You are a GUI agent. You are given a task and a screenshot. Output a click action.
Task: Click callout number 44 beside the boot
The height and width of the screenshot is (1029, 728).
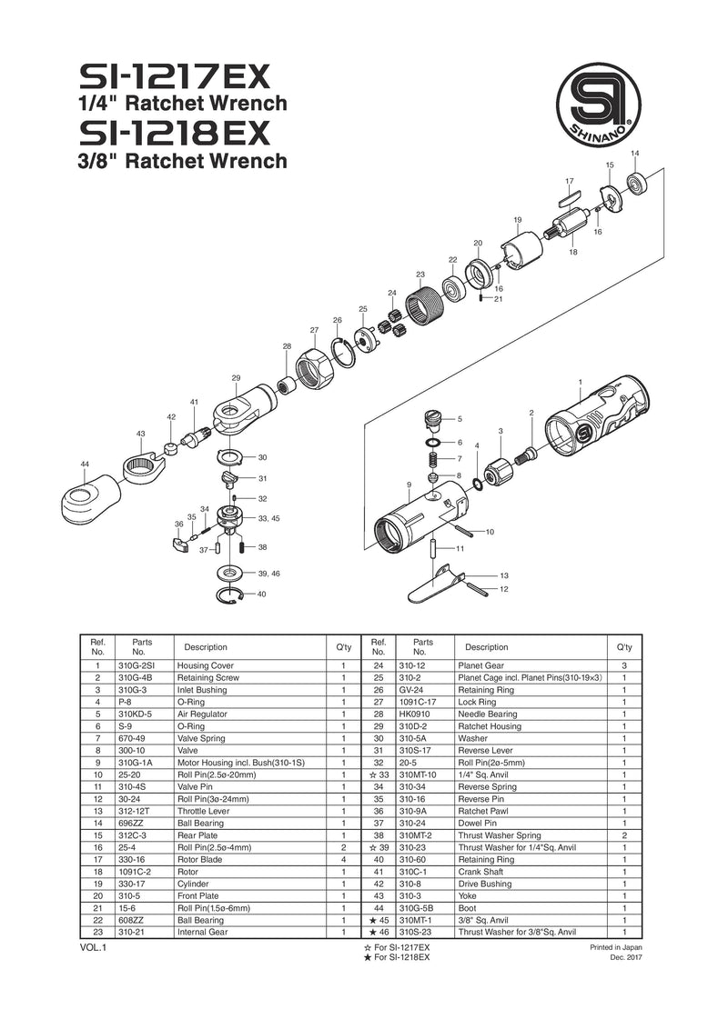(x=85, y=465)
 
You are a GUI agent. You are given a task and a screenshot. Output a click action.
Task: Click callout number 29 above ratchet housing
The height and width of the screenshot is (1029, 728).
(x=236, y=378)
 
